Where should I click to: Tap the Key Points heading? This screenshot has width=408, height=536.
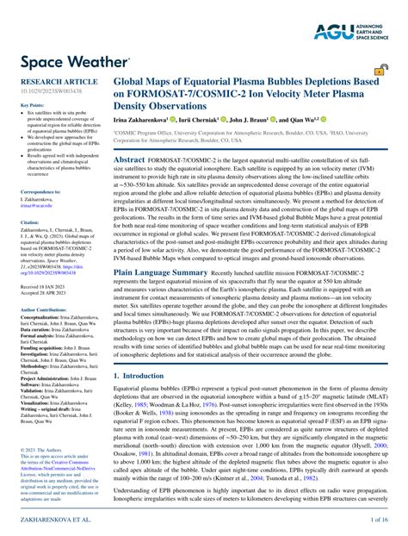[32, 105]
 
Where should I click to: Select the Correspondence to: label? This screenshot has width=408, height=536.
[40, 192]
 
